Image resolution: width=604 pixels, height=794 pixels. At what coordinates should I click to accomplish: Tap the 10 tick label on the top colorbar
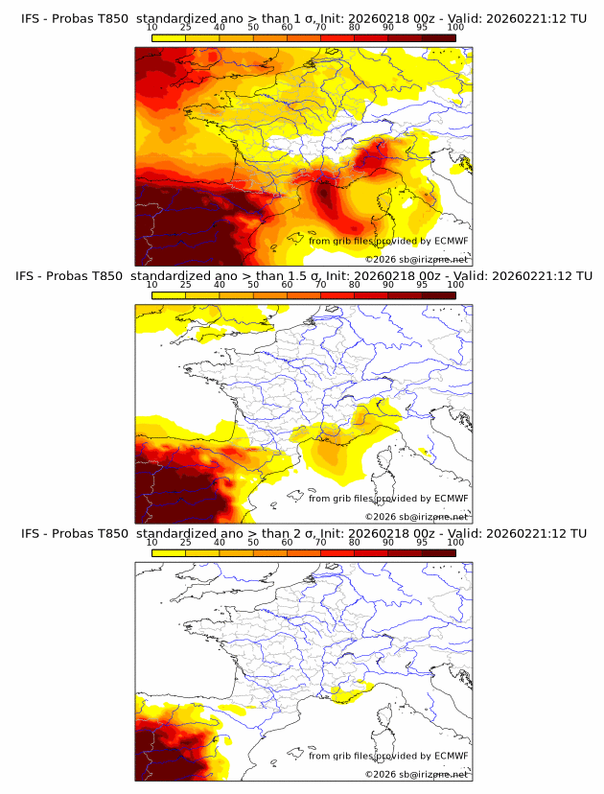coord(152,28)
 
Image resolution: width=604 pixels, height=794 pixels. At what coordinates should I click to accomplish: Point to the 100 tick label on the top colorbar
coord(455,28)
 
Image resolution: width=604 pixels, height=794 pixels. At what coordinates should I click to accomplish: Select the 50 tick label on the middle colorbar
coord(253,285)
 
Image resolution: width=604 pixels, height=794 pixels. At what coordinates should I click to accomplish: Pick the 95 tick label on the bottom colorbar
coord(422,542)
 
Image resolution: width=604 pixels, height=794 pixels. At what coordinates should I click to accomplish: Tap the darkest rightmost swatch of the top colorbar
coord(438,37)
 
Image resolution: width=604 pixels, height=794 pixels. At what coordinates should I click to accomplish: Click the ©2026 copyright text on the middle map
coord(416,516)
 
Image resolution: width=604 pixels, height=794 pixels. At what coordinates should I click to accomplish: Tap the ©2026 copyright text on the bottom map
coord(416,773)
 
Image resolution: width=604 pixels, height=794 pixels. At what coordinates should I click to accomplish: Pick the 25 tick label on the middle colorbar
coord(186,285)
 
